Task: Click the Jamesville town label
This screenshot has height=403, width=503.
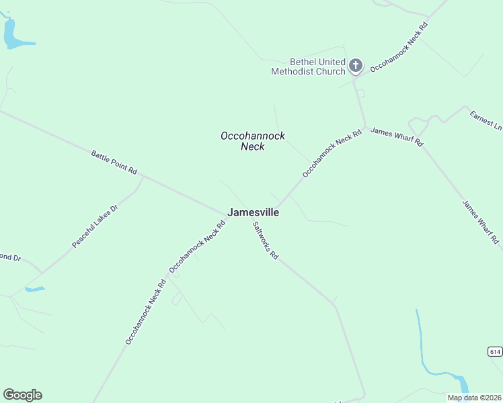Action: pos(253,212)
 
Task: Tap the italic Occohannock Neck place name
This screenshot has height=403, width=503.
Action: pos(252,141)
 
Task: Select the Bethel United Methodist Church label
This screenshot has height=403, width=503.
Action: pos(308,66)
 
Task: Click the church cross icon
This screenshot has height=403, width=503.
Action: pos(356,66)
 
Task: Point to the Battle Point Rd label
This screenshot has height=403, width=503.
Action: pos(114,163)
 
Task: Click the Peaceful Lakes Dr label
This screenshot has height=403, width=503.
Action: pos(95,227)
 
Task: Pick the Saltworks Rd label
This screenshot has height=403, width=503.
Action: pos(265,242)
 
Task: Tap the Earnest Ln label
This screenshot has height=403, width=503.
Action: pos(486,121)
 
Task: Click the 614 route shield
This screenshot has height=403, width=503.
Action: pos(495,352)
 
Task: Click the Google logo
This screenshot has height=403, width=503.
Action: pos(22,395)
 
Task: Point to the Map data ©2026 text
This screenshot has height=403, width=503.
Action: pos(473,398)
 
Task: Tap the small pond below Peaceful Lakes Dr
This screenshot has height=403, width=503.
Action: pos(34,289)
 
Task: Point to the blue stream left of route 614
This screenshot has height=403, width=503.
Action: pos(421,339)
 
